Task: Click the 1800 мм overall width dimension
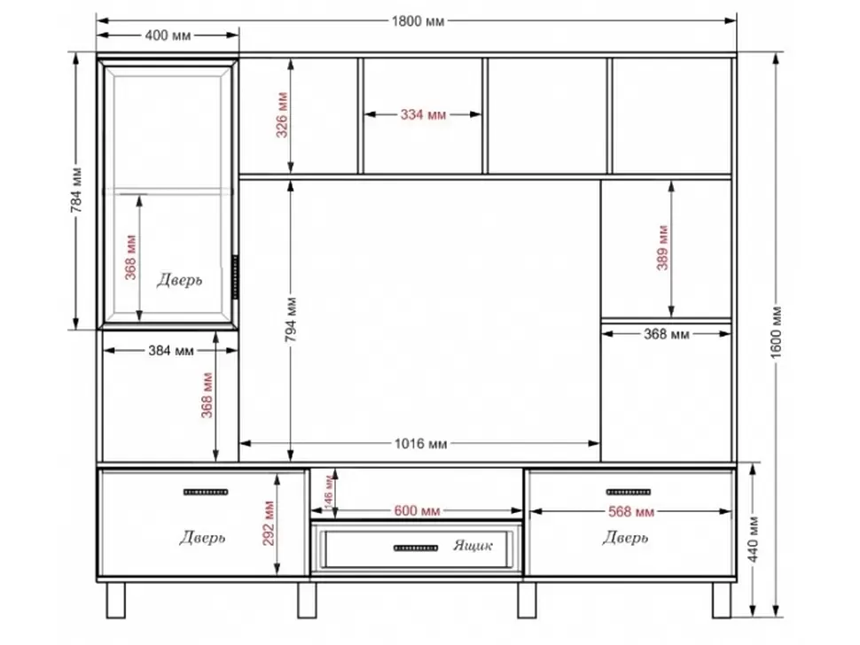coord(418,21)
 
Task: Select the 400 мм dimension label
coord(168,35)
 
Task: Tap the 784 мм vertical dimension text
coord(77,190)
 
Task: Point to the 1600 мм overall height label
coord(776,333)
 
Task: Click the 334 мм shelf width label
coord(423,114)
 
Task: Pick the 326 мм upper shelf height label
coord(282,115)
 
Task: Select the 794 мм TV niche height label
coord(291,320)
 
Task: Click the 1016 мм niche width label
coord(420,443)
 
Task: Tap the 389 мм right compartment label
coord(662,248)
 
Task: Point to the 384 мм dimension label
coord(171,351)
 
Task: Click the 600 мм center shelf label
coord(418,511)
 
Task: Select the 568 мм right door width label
coord(631,512)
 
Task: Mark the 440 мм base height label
coord(754,540)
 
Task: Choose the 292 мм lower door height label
coord(269,523)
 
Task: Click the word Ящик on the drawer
coord(473,545)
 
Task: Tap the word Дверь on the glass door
coord(179,280)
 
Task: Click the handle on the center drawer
coord(416,548)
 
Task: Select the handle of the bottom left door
coord(206,492)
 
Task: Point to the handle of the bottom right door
coord(629,492)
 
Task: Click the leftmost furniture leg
coord(115,601)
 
